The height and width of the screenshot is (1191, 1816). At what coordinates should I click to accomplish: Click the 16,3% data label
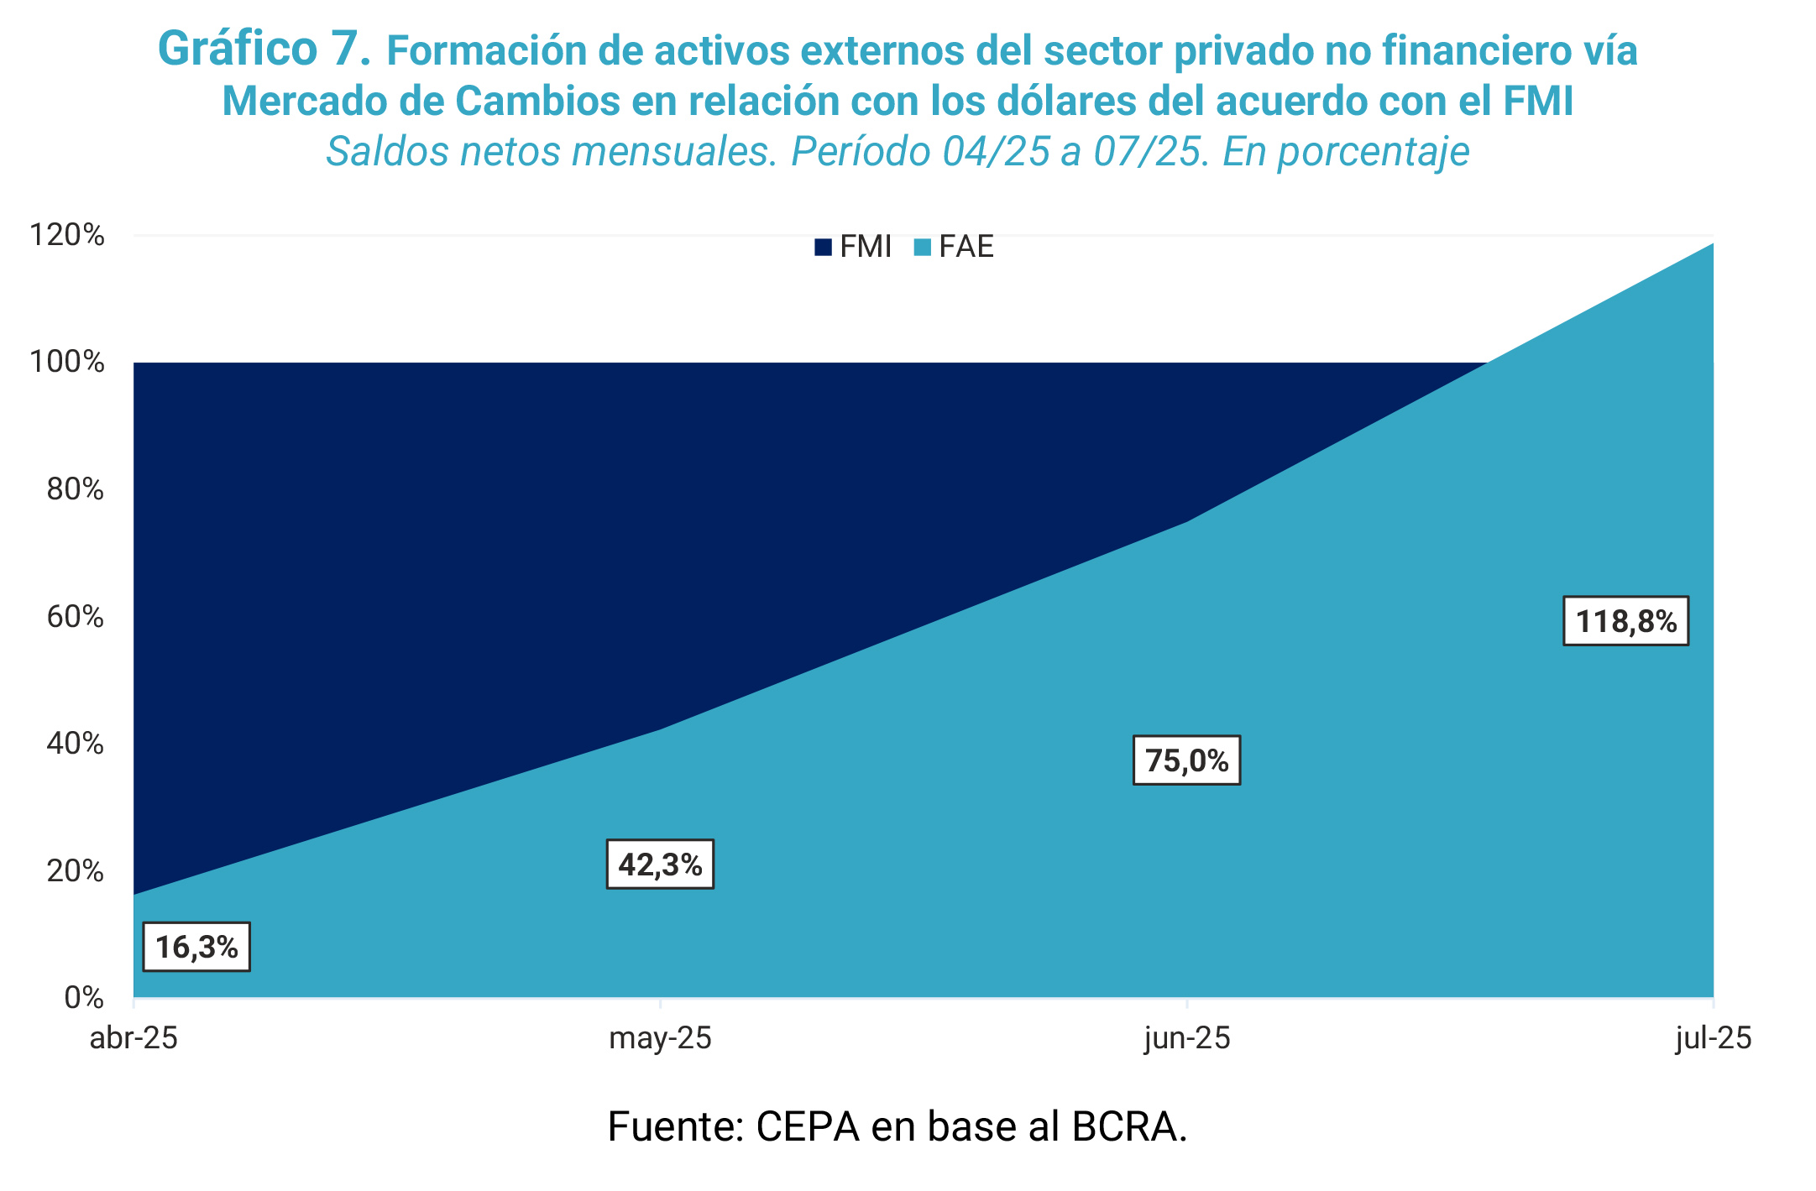coord(196,947)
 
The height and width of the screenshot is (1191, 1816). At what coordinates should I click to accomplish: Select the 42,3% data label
coord(660,864)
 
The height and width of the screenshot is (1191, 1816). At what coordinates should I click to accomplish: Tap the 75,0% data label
coord(1186,760)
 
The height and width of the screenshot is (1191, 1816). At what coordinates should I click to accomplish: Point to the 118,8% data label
coord(1625,621)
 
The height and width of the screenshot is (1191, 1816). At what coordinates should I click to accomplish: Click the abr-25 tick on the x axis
coord(133,1038)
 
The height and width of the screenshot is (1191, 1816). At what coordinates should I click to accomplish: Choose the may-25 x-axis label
coord(660,1038)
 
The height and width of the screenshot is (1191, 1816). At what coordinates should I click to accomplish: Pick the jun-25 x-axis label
coord(1186,1038)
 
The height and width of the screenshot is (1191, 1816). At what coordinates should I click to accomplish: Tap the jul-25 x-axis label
coord(1713,1038)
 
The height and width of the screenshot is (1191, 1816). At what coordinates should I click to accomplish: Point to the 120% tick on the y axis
coord(67,235)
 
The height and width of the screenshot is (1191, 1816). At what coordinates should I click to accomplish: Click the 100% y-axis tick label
coord(67,363)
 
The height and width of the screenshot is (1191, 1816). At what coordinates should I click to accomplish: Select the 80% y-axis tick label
coord(75,489)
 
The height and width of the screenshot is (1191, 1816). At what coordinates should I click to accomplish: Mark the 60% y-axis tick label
coord(75,617)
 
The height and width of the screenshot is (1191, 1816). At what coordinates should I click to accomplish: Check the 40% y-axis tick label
coord(75,744)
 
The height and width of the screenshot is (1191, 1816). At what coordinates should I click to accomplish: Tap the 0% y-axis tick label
coord(83,998)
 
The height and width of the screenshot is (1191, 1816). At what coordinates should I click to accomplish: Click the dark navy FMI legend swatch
coord(823,247)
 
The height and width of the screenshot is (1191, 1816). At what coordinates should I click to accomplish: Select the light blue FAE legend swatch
coord(923,247)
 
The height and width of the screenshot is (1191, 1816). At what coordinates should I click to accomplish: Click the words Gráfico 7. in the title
coord(264,49)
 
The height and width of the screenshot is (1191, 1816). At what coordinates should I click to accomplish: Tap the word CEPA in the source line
coord(808,1126)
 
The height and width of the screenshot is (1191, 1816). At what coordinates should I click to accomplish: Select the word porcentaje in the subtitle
coord(1374,152)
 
